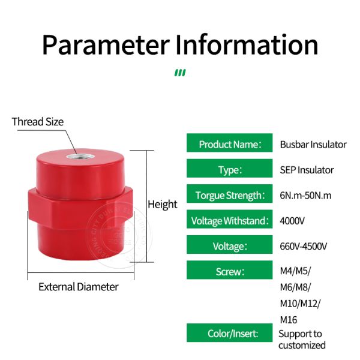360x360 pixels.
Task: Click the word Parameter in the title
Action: tap(106, 45)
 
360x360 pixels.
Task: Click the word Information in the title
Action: tap(247, 44)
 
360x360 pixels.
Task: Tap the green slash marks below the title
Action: tap(180, 73)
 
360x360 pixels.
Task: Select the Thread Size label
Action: tap(38, 122)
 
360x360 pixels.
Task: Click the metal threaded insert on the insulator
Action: tap(80, 157)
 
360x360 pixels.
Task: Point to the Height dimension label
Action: tap(163, 205)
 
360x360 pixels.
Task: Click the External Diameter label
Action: tap(79, 287)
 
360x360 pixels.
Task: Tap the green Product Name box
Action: tap(230, 143)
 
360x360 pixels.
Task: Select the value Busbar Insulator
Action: tap(313, 145)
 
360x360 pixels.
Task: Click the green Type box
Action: tap(230, 168)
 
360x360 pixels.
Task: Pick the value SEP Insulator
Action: tap(307, 170)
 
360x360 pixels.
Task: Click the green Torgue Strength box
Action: tap(230, 194)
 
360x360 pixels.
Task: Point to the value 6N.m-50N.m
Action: tap(305, 196)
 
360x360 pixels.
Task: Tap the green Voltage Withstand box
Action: tap(230, 219)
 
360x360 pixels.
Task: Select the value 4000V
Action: tap(292, 221)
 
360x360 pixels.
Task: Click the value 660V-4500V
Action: tap(303, 247)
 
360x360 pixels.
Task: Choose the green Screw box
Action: tap(230, 270)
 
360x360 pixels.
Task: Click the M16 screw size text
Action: tap(289, 320)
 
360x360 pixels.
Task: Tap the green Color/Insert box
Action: tap(230, 333)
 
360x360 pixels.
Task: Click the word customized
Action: tap(302, 346)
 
